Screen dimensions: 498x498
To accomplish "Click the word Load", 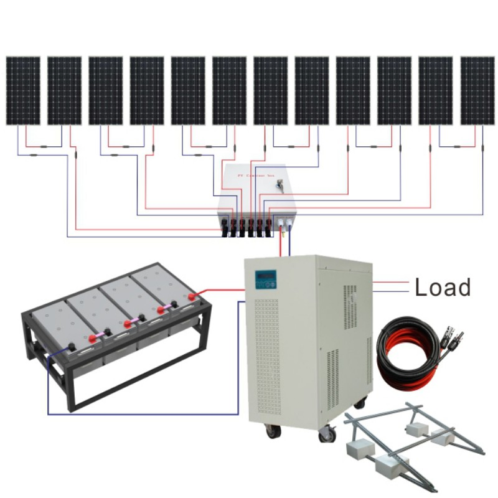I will [x=443, y=287].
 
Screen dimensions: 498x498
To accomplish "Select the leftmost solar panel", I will [x=23, y=91].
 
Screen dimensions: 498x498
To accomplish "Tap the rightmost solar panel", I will [x=477, y=91].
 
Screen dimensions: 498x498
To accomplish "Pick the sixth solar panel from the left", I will [x=229, y=91].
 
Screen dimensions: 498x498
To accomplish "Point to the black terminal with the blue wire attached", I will [x=72, y=347].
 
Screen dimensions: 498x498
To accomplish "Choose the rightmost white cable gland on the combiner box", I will [x=289, y=222].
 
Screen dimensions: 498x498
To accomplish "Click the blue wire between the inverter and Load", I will [x=391, y=291].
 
